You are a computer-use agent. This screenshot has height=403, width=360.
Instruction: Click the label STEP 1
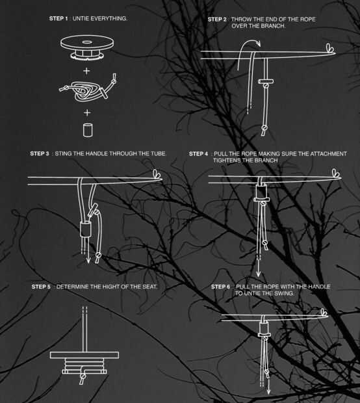pyautogui.click(x=58, y=18)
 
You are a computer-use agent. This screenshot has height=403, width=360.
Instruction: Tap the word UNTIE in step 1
pyautogui.click(x=81, y=18)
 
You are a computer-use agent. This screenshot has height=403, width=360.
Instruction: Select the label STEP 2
pyautogui.click(x=217, y=19)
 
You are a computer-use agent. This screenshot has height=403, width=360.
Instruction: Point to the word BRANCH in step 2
pyautogui.click(x=273, y=26)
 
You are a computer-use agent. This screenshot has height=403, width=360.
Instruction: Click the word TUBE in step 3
pyautogui.click(x=159, y=153)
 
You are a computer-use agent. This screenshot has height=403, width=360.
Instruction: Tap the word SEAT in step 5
pyautogui.click(x=149, y=287)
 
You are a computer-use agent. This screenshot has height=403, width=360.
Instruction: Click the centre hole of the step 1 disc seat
pyautogui.click(x=86, y=42)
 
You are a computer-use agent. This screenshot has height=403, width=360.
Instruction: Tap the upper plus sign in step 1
pyautogui.click(x=87, y=71)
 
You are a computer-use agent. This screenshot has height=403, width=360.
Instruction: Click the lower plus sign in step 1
pyautogui.click(x=87, y=112)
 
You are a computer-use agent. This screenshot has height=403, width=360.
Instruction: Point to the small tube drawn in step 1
pyautogui.click(x=88, y=130)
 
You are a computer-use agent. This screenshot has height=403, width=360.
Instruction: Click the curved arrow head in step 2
pyautogui.click(x=258, y=44)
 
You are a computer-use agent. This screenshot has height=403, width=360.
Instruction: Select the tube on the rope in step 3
pyautogui.click(x=86, y=229)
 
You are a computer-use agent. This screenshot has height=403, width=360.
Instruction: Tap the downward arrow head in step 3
pyautogui.click(x=88, y=260)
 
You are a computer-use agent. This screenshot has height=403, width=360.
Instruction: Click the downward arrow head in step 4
pyautogui.click(x=259, y=274)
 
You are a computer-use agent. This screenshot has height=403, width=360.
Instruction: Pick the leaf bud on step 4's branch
pyautogui.click(x=336, y=174)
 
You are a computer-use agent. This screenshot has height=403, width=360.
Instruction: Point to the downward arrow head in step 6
pyautogui.click(x=268, y=391)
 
